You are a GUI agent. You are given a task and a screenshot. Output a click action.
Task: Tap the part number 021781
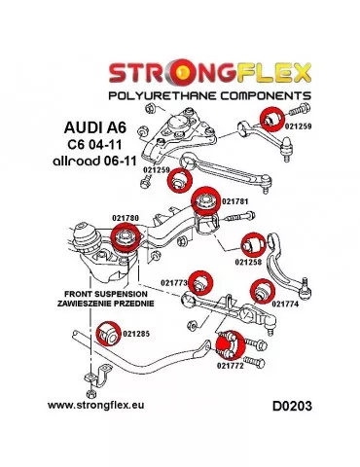coord(236,201)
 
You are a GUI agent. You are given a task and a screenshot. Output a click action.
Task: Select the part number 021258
coord(251,261)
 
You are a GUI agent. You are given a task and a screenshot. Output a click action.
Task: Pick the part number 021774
coord(285,304)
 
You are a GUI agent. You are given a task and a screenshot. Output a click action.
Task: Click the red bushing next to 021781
coord(205,203)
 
